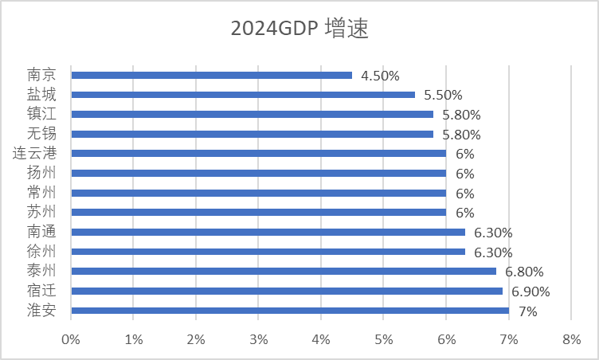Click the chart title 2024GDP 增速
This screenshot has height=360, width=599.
[299, 29]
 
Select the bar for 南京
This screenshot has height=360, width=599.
[211, 76]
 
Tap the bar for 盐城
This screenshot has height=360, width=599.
[243, 95]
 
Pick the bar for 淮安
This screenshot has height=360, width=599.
[290, 311]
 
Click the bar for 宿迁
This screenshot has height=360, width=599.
[287, 292]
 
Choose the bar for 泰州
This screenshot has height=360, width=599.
[284, 272]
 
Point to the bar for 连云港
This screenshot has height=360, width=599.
[258, 154]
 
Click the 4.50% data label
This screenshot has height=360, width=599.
[380, 76]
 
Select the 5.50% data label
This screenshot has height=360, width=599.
[443, 95]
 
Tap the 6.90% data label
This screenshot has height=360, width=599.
[530, 292]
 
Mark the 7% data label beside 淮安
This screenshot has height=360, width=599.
[528, 311]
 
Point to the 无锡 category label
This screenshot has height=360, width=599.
[41, 134]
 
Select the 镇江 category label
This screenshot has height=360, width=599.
[41, 114]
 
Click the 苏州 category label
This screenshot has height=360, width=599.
[41, 213]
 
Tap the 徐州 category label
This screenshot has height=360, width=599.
[41, 252]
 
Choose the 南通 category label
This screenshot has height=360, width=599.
[41, 233]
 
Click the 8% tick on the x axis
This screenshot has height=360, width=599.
[571, 340]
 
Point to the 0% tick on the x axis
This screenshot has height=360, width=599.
[71, 340]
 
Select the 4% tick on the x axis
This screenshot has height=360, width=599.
[321, 340]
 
